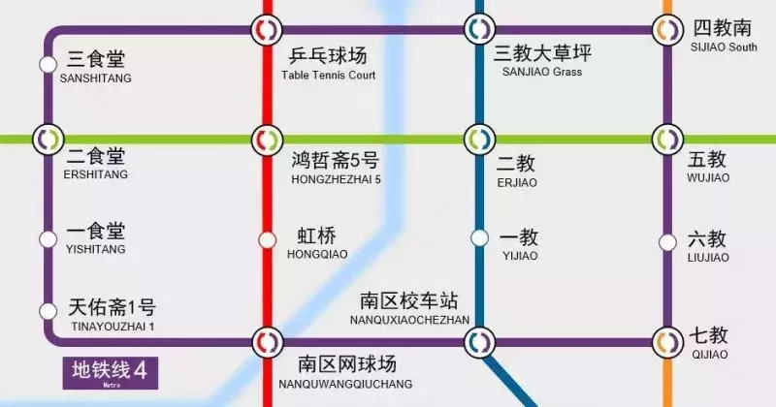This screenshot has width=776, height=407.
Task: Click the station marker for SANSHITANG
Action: click(x=48, y=64)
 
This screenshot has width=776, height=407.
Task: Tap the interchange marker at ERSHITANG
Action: click(x=48, y=139)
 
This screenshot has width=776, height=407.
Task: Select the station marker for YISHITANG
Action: click(x=48, y=238)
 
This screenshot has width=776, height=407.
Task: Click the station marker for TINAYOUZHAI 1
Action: click(x=48, y=311)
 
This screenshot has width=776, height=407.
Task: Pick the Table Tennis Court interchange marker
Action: click(x=266, y=30)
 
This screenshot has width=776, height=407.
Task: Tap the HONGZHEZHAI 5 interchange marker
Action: click(x=266, y=139)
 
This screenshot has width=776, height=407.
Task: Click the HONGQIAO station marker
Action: click(x=267, y=239)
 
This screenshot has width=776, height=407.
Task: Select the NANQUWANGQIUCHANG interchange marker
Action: click(x=266, y=341)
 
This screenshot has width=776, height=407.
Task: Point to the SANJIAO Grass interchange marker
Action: click(x=477, y=30)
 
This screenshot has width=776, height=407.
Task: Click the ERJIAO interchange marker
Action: click(x=477, y=139)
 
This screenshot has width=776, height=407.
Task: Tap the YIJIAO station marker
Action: click(x=478, y=237)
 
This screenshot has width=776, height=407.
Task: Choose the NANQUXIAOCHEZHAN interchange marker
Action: click(x=477, y=341)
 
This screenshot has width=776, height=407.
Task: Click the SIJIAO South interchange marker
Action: click(x=666, y=30)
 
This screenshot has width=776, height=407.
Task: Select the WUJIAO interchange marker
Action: click(x=666, y=139)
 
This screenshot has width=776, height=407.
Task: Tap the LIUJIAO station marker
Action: click(x=667, y=242)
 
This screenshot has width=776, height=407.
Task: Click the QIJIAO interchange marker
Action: click(x=666, y=341)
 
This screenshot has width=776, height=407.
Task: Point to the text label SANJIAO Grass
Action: click(x=546, y=72)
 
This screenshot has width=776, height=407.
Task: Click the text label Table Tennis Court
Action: click(x=328, y=75)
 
